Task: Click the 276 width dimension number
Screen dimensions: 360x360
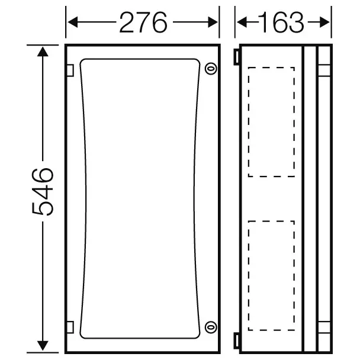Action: [x=143, y=22]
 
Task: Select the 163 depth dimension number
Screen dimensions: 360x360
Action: [x=281, y=22]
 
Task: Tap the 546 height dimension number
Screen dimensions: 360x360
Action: [x=43, y=192]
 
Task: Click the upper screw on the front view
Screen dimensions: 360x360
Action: [x=211, y=69]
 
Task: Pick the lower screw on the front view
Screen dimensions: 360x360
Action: [x=211, y=327]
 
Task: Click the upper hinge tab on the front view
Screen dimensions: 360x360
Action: [x=70, y=70]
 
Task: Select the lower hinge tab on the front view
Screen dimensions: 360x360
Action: [x=70, y=327]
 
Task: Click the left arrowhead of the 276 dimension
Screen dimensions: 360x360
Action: [x=73, y=22]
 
